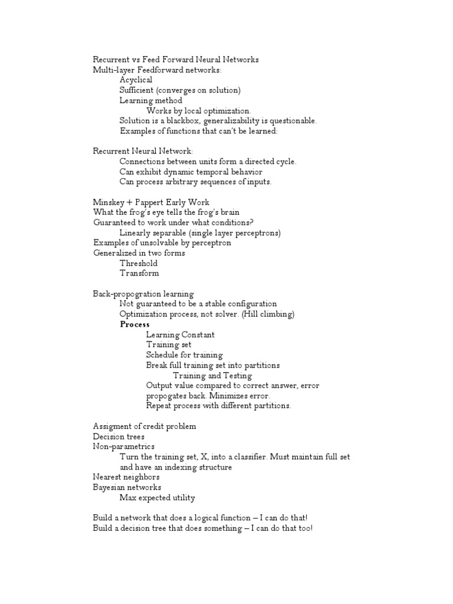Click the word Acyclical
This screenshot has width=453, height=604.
[136, 80]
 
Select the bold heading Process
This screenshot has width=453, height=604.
[135, 324]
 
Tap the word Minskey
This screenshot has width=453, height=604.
[107, 202]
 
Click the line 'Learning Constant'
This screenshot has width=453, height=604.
[180, 334]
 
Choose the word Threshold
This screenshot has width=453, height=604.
[139, 264]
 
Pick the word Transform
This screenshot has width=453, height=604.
[139, 274]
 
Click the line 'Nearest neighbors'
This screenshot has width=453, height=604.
[126, 477]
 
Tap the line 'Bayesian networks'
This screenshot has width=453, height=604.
[127, 488]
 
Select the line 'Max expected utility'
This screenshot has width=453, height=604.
[157, 498]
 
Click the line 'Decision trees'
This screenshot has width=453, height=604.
[119, 436]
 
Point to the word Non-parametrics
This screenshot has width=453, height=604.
[124, 447]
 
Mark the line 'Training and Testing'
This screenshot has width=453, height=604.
[212, 376]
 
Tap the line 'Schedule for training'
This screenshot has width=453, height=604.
[185, 355]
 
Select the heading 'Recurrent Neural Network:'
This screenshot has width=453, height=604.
[143, 152]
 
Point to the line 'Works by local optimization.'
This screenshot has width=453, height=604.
[199, 111]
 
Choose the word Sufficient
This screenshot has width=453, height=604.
[138, 90]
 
